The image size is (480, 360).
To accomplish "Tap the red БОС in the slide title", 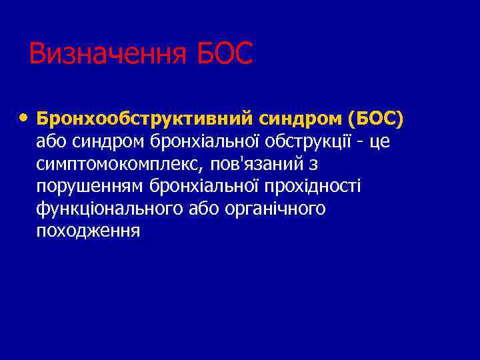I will point(225,54).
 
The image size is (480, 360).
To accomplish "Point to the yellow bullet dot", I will point(24,118).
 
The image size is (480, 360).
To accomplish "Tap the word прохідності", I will point(320,186).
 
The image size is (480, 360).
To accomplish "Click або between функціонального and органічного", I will point(202,209).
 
